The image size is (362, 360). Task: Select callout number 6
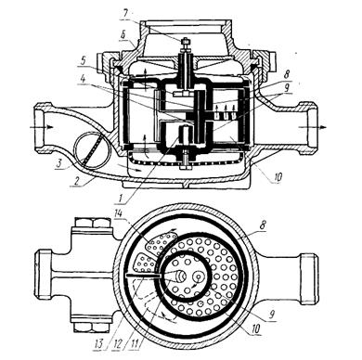pos(123,36)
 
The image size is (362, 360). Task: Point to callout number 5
pos(83,61)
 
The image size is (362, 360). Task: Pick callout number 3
pos(58,163)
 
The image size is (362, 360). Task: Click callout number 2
pos(73,181)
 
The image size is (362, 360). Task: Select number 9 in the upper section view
pos(287,87)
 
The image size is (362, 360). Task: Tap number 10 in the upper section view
pos(278,177)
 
